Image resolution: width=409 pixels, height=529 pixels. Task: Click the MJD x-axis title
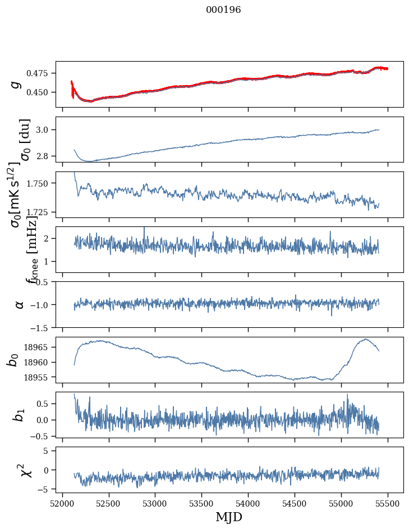click(x=229, y=517)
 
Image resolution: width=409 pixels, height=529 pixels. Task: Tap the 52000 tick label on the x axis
click(x=62, y=502)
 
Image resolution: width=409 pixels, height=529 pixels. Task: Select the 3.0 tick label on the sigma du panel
click(x=44, y=130)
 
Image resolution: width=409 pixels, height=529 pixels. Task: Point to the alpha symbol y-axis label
click(x=19, y=304)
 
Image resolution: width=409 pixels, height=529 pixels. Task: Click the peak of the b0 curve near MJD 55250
click(x=365, y=339)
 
